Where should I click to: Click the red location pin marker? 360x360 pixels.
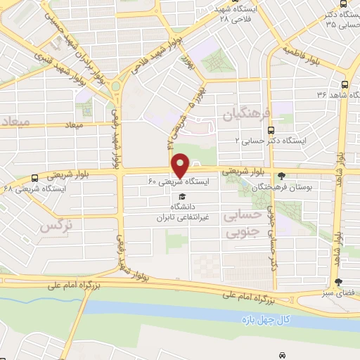point(181,165)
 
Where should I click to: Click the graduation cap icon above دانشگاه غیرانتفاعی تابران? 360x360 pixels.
point(183,196)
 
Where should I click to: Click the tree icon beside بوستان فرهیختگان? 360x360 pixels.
point(282,176)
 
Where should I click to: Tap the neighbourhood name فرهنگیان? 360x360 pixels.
point(240,112)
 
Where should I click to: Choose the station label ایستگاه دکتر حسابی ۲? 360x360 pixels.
point(271,141)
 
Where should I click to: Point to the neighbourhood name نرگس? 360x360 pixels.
point(56,226)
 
